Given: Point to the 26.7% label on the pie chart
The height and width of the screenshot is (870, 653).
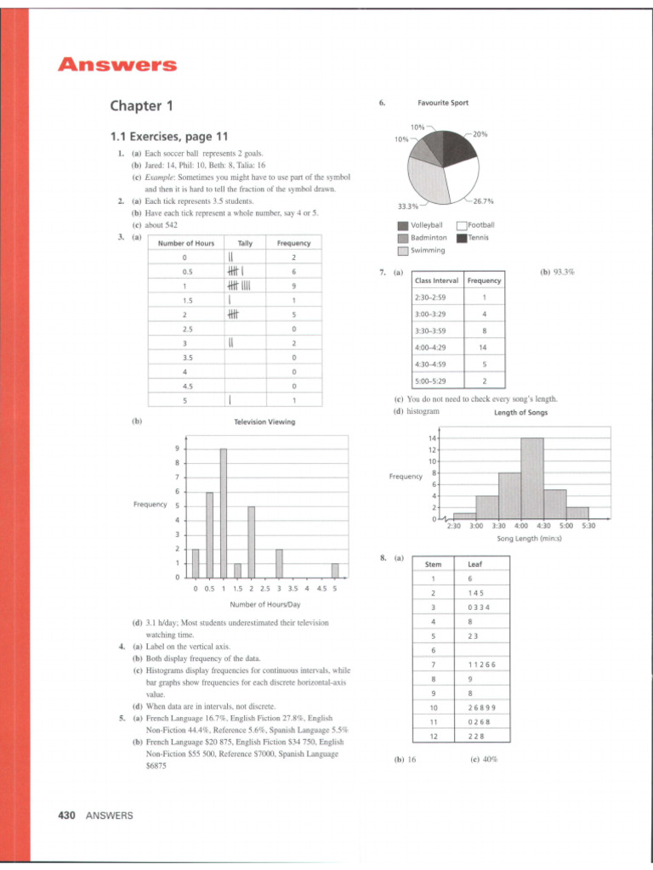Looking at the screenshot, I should tap(482, 201).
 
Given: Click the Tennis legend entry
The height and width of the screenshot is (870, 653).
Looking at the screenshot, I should tap(475, 238).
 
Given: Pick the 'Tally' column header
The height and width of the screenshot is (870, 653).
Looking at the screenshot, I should tap(245, 243).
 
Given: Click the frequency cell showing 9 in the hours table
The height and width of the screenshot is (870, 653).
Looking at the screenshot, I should tap(292, 285).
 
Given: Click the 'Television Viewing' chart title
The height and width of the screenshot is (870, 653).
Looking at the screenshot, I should tap(263, 421).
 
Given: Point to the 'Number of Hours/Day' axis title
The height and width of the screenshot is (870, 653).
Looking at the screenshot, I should tap(265, 605).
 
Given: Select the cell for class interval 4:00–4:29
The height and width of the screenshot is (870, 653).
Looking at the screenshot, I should tap(436, 347).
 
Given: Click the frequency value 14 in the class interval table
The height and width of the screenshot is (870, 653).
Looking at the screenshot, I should tap(483, 347).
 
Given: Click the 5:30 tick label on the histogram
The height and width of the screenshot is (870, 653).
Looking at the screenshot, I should tap(588, 526).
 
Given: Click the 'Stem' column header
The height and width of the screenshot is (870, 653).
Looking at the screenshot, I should tap(434, 563).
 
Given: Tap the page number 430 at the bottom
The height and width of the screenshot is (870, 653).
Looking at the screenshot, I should tap(66, 816).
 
